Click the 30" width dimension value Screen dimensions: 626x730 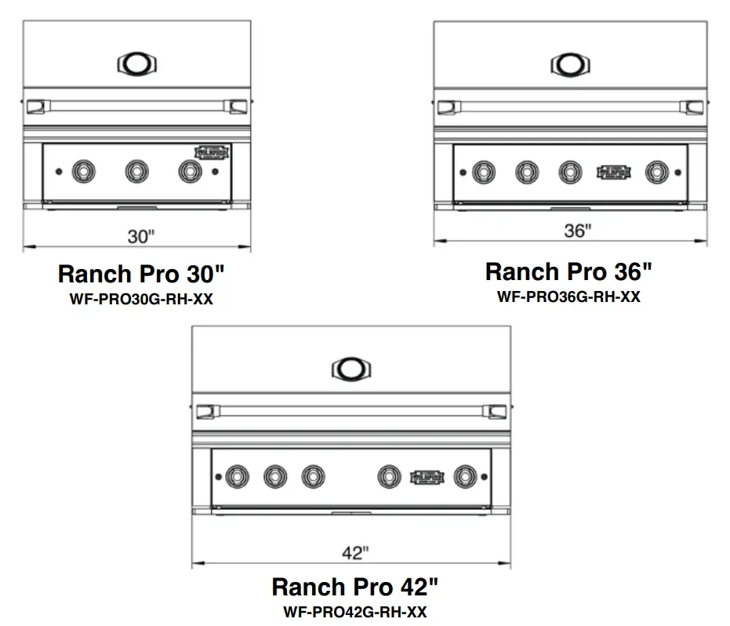142,236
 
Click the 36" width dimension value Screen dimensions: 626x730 577,231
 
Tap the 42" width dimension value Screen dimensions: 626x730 355,553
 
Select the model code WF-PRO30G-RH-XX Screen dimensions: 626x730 142,300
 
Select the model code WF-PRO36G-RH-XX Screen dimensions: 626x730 568,297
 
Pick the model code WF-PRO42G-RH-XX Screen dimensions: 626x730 355,612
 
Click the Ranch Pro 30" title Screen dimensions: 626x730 142,274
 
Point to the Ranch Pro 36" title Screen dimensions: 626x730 568,271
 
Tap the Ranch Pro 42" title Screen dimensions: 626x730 355,587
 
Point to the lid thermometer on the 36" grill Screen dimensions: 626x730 570,63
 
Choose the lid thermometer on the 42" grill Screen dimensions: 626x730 351,369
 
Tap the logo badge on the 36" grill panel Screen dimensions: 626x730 613,171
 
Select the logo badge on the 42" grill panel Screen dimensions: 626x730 427,476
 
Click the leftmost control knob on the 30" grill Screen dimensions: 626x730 82,170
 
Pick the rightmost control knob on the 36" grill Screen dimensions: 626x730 656,172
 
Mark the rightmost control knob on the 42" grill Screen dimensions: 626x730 466,476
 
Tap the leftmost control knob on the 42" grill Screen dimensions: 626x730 237,476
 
